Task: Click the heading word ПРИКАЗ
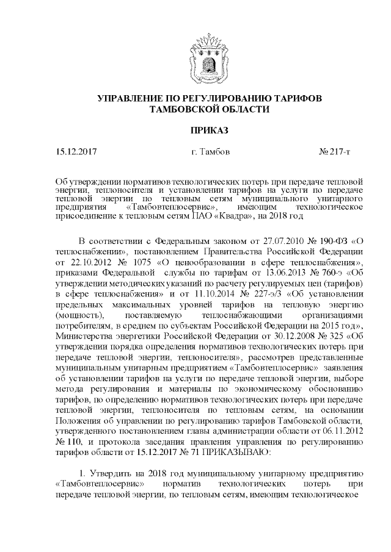coord(195,131)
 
